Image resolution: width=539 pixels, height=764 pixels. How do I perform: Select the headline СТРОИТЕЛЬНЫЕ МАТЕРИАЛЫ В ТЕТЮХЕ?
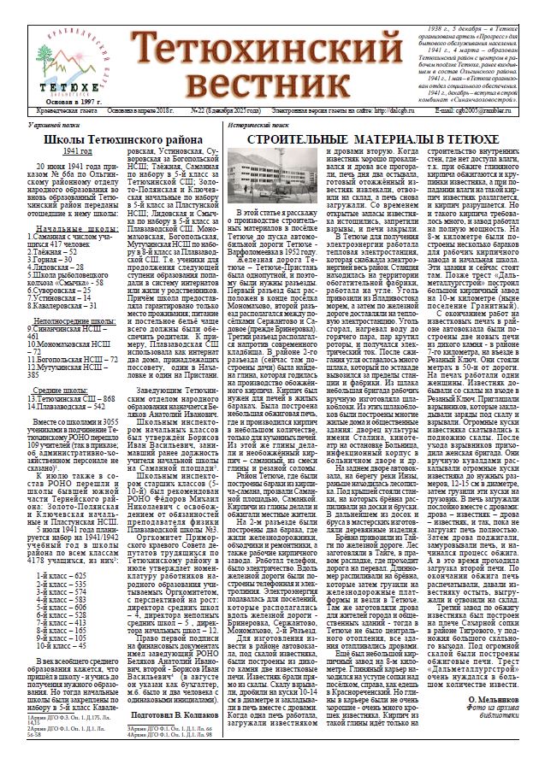[x=370, y=138]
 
